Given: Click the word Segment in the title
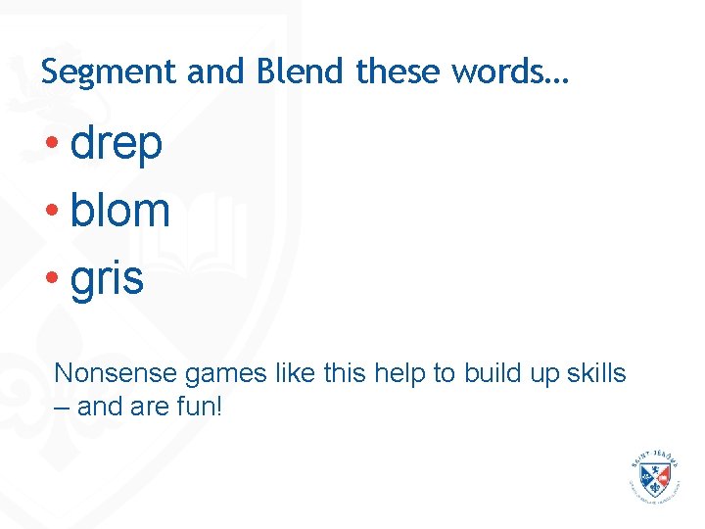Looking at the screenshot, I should coord(94,72).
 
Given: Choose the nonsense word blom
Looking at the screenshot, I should coord(120,211).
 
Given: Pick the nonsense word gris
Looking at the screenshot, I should coord(107,278).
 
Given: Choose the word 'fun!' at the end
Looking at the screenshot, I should coord(201,405).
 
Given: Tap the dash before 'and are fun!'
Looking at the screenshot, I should coord(62,406).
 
